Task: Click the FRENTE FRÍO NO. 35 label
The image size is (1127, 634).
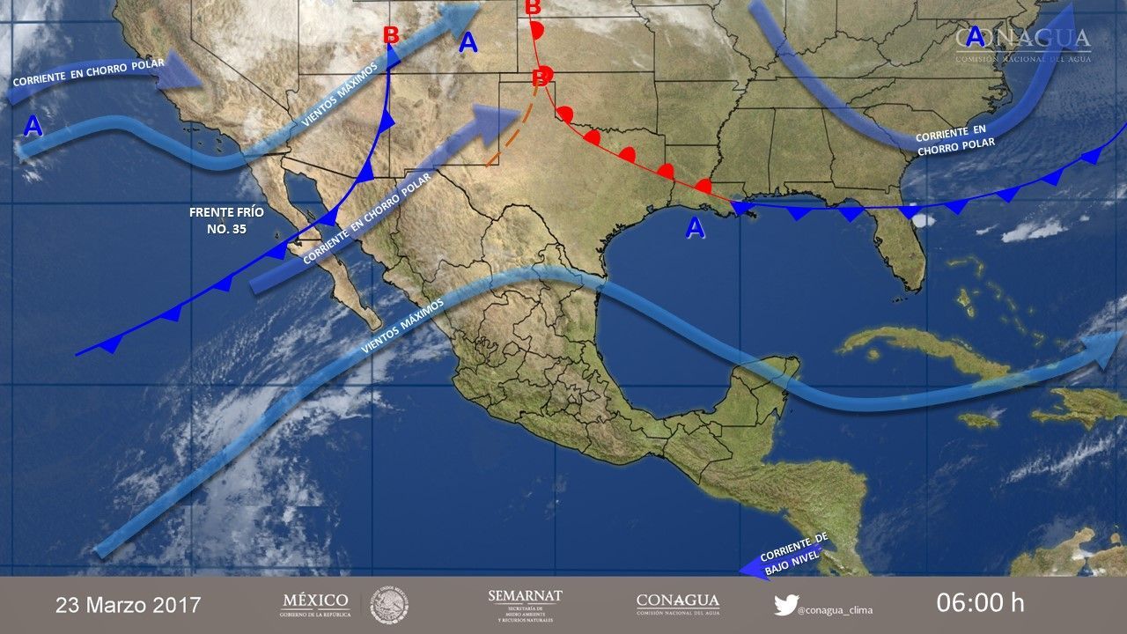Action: pos(226,220)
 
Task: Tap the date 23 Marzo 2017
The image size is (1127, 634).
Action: pos(129,605)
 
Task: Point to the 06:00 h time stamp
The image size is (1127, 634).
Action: pos(980,603)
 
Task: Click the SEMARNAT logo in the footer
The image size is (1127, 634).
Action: pos(525,604)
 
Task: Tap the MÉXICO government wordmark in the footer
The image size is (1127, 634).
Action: pos(315,604)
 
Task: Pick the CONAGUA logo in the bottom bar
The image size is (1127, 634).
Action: pos(677,604)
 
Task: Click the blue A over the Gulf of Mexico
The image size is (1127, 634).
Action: pos(696,229)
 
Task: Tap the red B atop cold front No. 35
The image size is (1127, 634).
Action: pos(391,36)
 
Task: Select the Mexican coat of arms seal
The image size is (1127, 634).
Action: pos(388,605)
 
